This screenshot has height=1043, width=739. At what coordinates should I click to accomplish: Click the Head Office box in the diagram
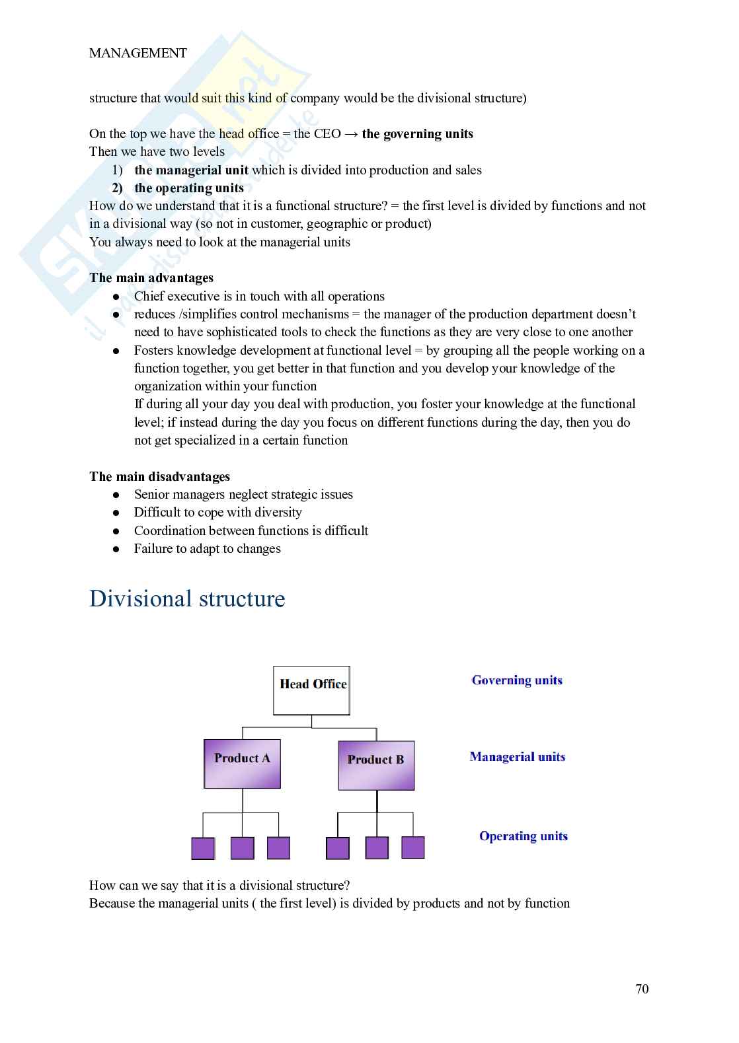point(311,690)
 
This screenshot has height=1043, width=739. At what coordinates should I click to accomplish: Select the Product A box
point(242,764)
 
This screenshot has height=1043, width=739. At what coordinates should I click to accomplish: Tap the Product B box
point(376,766)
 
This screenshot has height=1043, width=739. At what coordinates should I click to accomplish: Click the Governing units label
point(517,680)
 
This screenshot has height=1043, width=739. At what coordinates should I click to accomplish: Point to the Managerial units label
point(517,757)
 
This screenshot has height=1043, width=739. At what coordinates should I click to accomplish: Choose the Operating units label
point(523,836)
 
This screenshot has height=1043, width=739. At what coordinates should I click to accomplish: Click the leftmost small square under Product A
point(203,848)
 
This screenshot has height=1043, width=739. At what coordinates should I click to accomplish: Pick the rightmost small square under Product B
point(413,847)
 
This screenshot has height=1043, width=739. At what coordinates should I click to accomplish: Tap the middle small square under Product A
point(242,848)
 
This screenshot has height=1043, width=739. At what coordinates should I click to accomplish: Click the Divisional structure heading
point(187,598)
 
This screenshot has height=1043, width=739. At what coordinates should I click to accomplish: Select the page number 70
point(642,989)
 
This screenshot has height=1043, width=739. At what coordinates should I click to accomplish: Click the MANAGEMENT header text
point(138,53)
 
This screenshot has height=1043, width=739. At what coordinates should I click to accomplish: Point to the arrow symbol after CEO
point(351,134)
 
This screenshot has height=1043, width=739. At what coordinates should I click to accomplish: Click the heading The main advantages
point(151,278)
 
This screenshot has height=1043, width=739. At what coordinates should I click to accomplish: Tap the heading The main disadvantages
point(159,477)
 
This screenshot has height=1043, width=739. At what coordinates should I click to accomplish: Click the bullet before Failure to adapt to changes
point(116,549)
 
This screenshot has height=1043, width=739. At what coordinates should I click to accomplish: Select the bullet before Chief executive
point(116,297)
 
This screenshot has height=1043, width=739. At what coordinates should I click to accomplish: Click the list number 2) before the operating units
point(117,188)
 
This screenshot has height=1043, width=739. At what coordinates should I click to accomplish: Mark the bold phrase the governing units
point(417,134)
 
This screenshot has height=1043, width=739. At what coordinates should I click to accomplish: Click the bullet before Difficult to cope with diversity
point(116,513)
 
